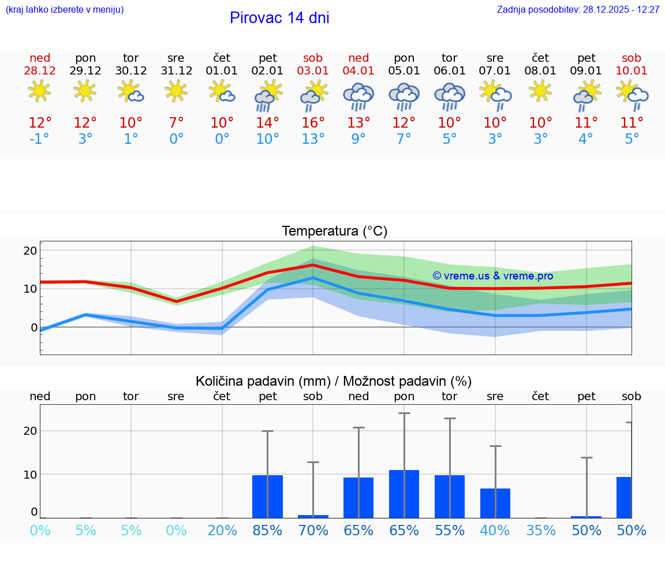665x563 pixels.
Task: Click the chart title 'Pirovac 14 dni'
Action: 279,18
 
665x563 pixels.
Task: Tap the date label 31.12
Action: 176,71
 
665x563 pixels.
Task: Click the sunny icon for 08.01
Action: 540,91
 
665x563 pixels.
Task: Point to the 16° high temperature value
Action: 313,122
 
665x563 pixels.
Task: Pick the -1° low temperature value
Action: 40,139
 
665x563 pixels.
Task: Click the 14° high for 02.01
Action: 267,122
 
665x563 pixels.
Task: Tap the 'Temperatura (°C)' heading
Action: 334,232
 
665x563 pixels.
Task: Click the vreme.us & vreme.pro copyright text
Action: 492,276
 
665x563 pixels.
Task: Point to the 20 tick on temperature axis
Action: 30,251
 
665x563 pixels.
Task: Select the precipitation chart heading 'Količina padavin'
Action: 333,381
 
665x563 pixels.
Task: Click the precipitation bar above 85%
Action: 267,497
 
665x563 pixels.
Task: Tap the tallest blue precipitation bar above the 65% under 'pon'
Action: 404,494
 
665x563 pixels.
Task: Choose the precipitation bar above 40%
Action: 495,504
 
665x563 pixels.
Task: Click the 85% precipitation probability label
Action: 267,531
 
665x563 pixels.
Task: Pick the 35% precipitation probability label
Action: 541,531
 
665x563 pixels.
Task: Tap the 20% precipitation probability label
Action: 222,531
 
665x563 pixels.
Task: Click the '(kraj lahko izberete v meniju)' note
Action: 65,10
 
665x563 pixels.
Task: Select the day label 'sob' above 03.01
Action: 313,58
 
